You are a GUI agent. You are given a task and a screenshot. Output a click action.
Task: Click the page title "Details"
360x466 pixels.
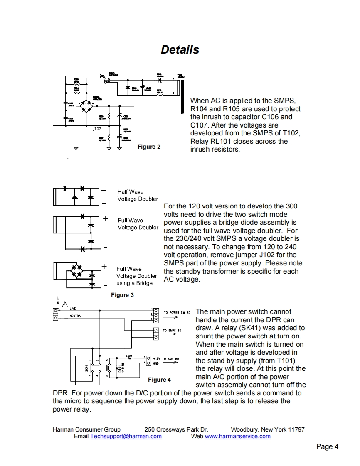(x=180, y=50)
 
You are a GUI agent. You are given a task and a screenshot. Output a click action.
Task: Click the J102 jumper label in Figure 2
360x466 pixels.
(x=97, y=129)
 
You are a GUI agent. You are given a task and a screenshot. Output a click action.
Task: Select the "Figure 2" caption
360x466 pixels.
(x=149, y=147)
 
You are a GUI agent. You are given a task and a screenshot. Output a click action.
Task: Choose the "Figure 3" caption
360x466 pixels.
(x=122, y=295)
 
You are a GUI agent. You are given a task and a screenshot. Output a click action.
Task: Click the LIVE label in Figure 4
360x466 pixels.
(x=73, y=309)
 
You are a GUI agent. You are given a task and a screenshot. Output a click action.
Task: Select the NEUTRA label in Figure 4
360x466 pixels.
(x=75, y=316)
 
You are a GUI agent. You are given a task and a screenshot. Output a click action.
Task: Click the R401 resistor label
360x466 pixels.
(x=129, y=356)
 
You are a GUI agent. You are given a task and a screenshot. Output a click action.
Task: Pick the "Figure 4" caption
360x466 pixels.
(x=160, y=380)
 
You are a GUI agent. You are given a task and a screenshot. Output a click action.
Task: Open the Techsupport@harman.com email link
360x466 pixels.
(x=126, y=436)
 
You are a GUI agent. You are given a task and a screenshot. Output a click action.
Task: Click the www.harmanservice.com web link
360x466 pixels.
(x=238, y=436)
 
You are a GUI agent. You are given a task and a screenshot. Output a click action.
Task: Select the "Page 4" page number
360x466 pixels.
(x=327, y=447)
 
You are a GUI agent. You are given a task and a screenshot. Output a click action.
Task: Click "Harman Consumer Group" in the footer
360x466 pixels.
(x=86, y=429)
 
